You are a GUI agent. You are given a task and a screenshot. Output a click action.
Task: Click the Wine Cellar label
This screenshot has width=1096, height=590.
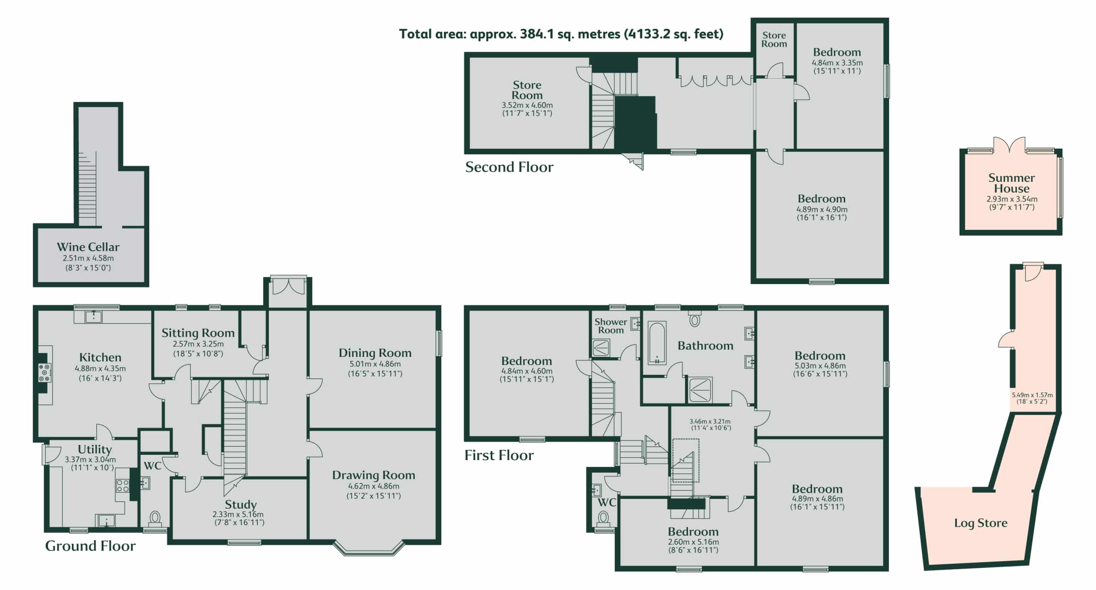[88, 247]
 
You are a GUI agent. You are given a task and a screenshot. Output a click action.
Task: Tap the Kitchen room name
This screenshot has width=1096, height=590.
[100, 357]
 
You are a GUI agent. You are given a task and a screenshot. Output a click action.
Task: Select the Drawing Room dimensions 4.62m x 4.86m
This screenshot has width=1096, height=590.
[374, 486]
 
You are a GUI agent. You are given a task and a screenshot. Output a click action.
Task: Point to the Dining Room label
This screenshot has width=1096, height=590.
[375, 353]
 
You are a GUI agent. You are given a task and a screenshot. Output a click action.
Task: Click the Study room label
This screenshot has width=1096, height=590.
[241, 505]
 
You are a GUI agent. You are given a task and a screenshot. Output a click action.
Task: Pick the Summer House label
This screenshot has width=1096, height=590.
[1012, 183]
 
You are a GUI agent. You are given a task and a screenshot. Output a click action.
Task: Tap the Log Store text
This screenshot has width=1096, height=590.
[981, 523]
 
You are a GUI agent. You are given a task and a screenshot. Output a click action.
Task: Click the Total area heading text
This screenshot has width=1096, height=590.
[561, 34]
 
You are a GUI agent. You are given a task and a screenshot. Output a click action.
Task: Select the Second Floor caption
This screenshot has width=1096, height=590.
[509, 167]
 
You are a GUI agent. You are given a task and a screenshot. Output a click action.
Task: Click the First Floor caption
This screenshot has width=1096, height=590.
[499, 455]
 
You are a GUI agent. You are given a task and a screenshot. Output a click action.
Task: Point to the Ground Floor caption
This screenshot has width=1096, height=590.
[90, 546]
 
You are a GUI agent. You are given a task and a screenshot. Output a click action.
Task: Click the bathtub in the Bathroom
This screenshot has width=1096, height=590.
[657, 343]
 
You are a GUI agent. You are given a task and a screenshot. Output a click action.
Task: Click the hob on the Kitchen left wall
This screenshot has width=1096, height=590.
[45, 373]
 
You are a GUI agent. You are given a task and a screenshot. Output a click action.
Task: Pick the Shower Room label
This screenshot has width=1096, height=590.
[611, 326]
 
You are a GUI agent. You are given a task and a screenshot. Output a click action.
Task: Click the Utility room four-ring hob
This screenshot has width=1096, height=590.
[123, 486]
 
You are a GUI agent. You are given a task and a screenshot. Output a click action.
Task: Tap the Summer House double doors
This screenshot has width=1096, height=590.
[1010, 145]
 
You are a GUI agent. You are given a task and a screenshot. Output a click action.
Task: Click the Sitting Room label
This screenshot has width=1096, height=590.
[198, 333]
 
